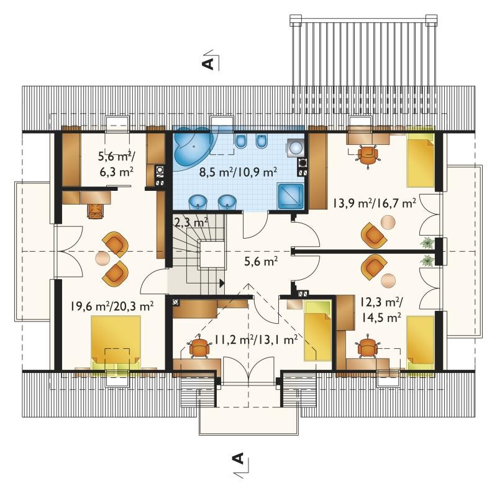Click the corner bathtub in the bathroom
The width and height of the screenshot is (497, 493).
(x=193, y=148)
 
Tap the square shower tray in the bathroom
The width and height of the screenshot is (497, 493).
(x=290, y=196)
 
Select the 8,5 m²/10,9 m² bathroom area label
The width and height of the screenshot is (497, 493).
(x=239, y=172)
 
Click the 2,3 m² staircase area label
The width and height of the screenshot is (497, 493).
(x=191, y=222)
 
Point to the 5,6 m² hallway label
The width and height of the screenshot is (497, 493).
(x=261, y=261)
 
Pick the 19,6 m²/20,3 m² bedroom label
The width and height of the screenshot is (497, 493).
(x=112, y=306)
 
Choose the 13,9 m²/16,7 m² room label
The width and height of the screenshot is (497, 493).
(x=375, y=203)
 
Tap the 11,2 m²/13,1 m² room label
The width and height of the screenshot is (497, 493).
(x=256, y=340)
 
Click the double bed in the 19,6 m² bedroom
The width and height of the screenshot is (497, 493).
(x=116, y=343)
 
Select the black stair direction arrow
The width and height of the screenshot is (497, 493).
(x=222, y=283)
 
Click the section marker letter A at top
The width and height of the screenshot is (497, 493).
(x=207, y=63)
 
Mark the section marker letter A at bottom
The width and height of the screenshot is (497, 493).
(x=238, y=458)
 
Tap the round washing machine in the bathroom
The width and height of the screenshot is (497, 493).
(x=296, y=148)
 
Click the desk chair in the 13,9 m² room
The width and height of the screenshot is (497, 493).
(x=368, y=154)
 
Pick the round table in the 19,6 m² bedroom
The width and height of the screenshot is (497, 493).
(x=103, y=258)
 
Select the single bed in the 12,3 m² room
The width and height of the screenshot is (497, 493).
(x=421, y=343)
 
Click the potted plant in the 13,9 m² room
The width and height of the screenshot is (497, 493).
(x=427, y=242)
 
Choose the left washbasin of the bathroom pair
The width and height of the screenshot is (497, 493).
(x=198, y=203)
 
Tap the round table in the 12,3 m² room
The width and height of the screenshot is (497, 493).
(x=388, y=280)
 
